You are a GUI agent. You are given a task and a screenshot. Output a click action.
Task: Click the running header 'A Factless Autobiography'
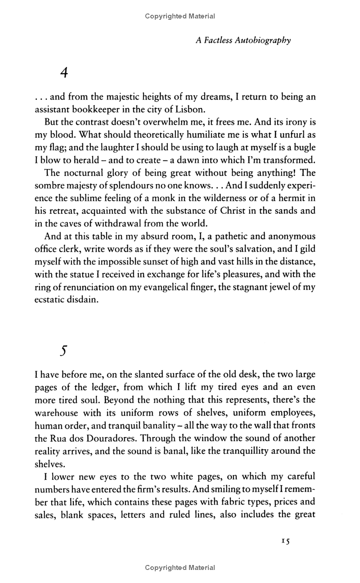pos(243,41)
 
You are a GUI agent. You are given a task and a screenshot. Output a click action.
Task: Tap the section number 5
pos(63,350)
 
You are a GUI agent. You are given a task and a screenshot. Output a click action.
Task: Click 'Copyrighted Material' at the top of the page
pos(180,16)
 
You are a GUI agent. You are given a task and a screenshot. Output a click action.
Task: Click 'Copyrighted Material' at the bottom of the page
pos(180,568)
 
